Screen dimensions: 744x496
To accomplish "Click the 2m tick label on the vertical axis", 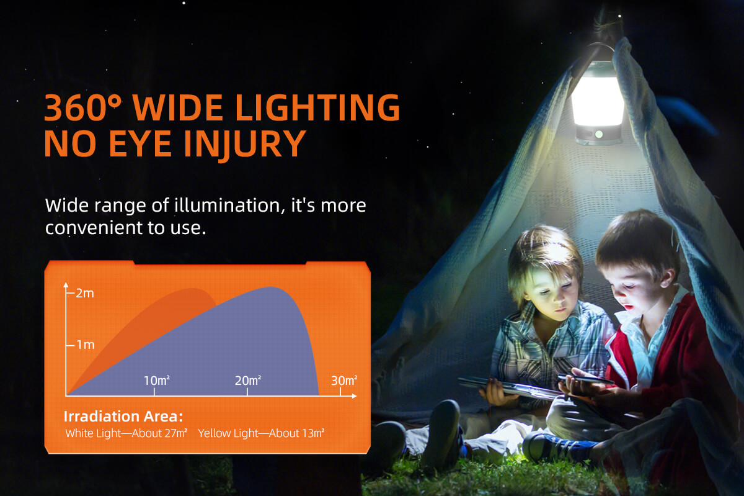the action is point(85,293).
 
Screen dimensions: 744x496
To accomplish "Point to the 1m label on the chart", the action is point(86,345).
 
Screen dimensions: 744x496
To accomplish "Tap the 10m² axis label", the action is point(157,381).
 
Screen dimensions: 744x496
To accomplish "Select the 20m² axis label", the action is point(248,381).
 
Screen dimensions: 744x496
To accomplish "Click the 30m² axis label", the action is point(344,381).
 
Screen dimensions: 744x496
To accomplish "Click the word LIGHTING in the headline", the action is point(318,107).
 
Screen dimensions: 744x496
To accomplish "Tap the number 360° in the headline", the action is point(82,107).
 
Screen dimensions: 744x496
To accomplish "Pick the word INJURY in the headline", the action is point(245,144).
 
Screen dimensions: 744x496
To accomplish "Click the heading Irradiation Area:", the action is point(123,417).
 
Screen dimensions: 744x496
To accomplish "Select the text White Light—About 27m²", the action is point(126,433).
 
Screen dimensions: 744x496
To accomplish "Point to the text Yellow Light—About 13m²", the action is point(261,433).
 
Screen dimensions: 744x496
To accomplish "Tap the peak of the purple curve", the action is point(271,287).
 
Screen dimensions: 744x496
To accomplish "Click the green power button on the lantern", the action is point(599,134).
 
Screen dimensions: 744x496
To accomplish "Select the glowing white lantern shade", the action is point(598,100).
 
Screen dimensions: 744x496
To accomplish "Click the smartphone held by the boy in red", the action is point(585,379).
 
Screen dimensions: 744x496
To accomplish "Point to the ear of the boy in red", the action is point(668,278).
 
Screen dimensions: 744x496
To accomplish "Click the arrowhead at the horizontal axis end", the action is point(354,396).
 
